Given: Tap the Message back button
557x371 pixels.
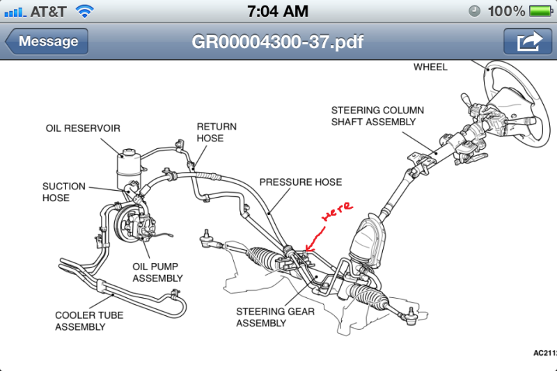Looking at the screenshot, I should click(47, 41).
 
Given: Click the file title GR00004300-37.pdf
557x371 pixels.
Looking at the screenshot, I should click(278, 41).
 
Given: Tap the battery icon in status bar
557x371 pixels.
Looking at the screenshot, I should click(540, 11).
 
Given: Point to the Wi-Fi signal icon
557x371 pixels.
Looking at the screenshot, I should click(84, 11).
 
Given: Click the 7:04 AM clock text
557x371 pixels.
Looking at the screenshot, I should click(278, 11).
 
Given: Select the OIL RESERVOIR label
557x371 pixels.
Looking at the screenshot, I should click(83, 128).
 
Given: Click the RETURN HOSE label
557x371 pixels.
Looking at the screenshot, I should click(217, 132).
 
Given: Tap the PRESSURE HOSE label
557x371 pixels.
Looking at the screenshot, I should click(301, 182).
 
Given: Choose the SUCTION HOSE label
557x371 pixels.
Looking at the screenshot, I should click(63, 192).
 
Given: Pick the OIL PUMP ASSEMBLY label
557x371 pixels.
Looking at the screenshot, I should click(157, 272).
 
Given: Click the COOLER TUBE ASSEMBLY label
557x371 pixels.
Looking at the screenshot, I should click(89, 321).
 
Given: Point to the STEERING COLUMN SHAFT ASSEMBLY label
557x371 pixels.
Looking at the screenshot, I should click(377, 116).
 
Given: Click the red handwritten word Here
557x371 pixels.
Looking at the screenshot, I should click(336, 212).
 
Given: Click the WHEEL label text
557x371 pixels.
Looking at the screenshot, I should click(430, 68).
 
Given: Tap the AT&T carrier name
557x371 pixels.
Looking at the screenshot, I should click(49, 11).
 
